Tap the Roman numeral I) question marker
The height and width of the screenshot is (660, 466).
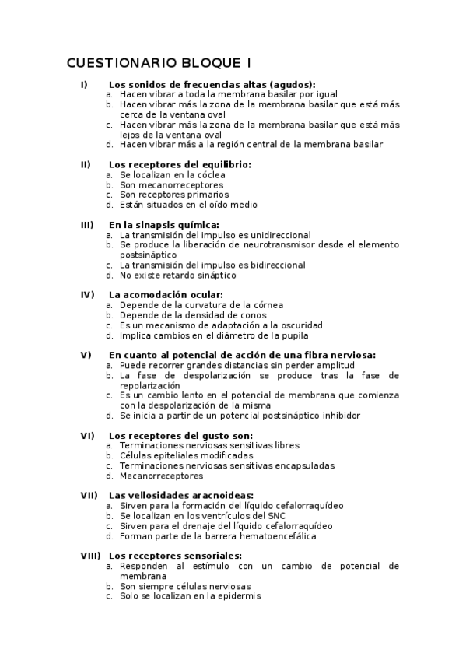pyautogui.click(x=84, y=84)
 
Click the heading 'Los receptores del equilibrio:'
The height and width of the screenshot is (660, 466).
pyautogui.click(x=180, y=164)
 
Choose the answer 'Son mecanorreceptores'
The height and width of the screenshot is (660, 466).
pyautogui.click(x=171, y=184)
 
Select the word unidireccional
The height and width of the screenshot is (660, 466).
pyautogui.click(x=277, y=235)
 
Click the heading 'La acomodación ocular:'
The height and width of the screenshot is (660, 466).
pyautogui.click(x=166, y=295)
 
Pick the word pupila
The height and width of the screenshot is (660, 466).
pyautogui.click(x=293, y=335)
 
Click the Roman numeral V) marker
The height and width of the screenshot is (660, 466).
pyautogui.click(x=86, y=355)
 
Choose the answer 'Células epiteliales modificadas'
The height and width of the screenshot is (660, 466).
pyautogui.click(x=186, y=455)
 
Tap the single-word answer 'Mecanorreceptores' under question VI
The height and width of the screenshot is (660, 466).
pyautogui.click(x=161, y=476)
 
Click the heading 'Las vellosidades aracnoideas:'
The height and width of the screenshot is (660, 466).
pyautogui.click(x=181, y=495)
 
